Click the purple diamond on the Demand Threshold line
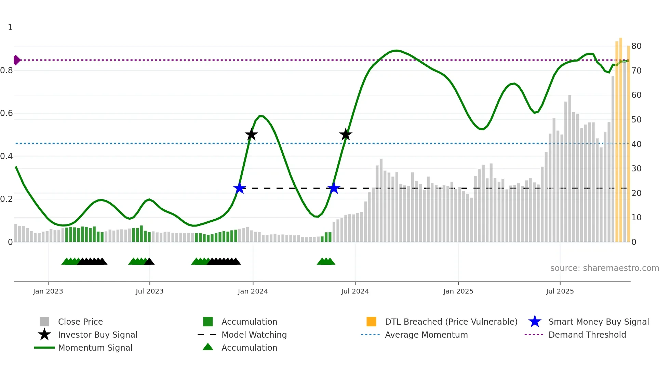pos(16,60)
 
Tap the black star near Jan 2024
pos(251,134)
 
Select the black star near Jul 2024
pos(346,134)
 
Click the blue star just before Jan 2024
pos(240,188)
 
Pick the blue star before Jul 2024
pos(333,188)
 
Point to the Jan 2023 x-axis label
pos(48,291)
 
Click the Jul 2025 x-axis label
pos(560,291)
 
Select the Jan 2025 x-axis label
pos(458,291)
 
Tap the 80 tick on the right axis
pos(636,46)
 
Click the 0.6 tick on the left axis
pos(6,113)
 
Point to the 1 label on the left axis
pos(10,27)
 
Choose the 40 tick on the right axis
pos(636,144)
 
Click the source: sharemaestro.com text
pos(604,268)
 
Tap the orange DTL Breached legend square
pos(371,322)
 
